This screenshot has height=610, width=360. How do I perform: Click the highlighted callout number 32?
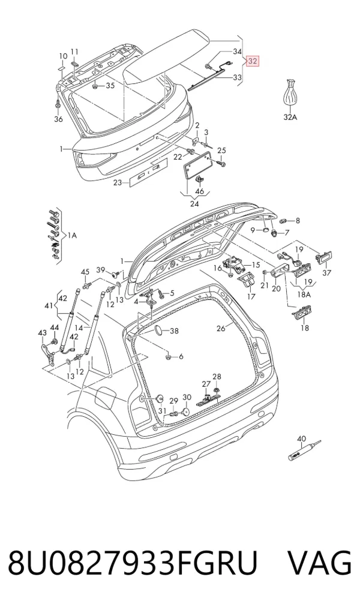pos(253,61)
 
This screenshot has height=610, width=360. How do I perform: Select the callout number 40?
pos(302,439)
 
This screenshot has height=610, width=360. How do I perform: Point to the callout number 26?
pos(221,329)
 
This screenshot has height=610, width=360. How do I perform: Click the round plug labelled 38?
pos(159,331)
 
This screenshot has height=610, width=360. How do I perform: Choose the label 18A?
pos(304,295)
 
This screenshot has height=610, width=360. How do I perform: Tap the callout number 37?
pos(327,273)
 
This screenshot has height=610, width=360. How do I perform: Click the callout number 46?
pos(200,191)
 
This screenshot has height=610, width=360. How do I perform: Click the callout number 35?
pos(110,86)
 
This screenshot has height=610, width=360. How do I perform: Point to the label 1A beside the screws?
pos(72,235)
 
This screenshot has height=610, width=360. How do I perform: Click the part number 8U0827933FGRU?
pos(133,563)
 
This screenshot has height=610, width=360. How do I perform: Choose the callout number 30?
pos(187,397)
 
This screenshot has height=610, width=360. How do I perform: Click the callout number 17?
pos(251,297)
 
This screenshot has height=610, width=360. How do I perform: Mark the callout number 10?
pos(63,57)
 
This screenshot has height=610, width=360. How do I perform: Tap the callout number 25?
pos(221,151)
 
